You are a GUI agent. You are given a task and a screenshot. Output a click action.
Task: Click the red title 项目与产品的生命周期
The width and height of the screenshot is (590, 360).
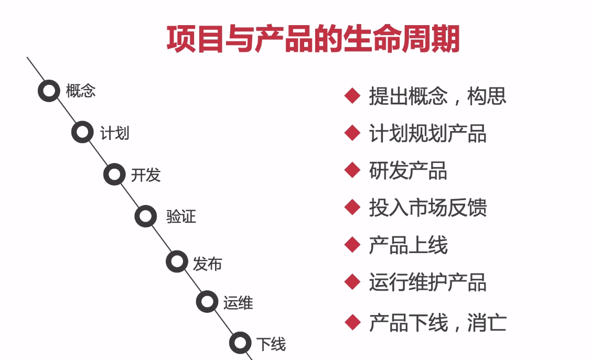point(313,39)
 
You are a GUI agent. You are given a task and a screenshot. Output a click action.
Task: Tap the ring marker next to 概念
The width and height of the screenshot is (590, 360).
point(49,91)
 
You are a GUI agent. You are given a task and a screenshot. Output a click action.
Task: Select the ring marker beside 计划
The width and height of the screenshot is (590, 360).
point(82,132)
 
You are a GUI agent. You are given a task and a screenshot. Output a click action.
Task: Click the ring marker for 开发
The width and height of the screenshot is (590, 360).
point(114,174)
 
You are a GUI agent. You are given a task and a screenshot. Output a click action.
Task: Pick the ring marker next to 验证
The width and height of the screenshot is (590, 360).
point(145,216)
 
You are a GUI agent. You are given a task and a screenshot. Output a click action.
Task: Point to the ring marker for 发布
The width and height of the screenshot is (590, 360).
point(177,261)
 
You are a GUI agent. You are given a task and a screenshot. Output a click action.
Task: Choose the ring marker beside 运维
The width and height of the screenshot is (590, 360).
point(207,302)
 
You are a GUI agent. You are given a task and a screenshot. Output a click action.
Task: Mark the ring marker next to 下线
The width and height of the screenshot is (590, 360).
point(240,343)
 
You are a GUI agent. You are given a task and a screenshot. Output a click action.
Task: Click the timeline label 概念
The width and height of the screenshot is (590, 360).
point(81,91)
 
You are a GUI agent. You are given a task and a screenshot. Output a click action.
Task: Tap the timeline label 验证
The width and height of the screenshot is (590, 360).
point(181,216)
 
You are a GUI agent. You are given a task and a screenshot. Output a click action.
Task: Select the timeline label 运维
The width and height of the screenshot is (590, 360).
point(238,303)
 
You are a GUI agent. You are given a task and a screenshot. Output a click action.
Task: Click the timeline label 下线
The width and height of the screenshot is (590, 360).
point(271,344)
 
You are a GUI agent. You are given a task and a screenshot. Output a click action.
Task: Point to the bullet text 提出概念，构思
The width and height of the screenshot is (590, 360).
point(437,96)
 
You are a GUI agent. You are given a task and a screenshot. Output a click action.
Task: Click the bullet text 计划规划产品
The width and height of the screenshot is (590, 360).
point(427,134)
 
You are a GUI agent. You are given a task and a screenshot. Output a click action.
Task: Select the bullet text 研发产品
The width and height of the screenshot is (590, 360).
point(408,171)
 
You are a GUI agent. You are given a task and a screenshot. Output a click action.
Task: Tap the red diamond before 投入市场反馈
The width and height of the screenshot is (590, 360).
point(352,208)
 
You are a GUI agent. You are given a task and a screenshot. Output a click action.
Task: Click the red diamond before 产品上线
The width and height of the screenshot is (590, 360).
point(352,244)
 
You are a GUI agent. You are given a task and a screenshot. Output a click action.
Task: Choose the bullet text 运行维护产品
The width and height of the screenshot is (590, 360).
point(427,282)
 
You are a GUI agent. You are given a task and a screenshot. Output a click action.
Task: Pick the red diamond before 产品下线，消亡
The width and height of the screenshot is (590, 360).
point(352,321)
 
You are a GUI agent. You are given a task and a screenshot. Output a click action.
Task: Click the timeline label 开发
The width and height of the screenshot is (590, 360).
point(146,175)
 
